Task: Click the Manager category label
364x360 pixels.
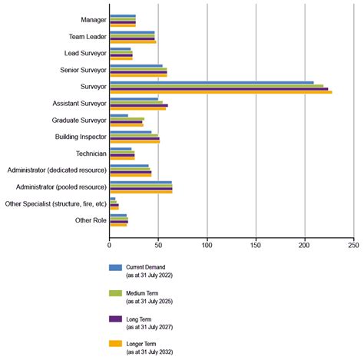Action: [93, 19]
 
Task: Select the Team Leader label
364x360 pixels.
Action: [87, 36]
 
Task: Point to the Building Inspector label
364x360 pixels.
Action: [81, 137]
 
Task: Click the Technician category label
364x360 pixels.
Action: [91, 154]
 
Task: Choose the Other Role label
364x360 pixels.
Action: [90, 220]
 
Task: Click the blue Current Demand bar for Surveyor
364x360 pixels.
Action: [211, 82]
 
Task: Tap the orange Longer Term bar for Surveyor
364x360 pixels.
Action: [220, 92]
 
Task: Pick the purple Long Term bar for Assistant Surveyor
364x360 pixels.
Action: [139, 105]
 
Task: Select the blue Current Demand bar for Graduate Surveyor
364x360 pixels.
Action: [119, 115]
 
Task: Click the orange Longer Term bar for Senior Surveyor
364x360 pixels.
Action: [138, 75]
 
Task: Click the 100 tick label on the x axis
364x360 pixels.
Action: [207, 246]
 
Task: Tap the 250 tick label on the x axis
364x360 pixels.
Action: [353, 246]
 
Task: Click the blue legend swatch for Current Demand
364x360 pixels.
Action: [116, 268]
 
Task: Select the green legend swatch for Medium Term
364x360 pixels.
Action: [116, 292]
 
